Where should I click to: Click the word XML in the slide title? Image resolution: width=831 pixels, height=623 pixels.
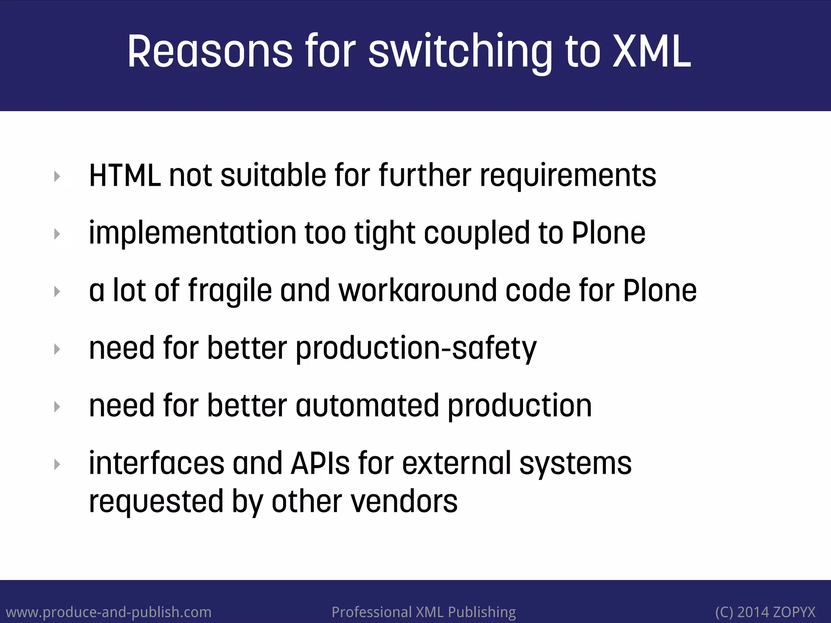[651, 52]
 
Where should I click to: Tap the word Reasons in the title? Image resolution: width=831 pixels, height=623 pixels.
[209, 52]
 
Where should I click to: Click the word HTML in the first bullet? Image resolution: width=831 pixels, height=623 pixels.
[125, 175]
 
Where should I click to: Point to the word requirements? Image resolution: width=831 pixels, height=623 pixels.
[568, 175]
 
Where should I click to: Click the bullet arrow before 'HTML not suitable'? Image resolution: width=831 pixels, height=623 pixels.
[57, 176]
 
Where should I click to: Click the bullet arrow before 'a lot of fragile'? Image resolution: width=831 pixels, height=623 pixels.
[57, 292]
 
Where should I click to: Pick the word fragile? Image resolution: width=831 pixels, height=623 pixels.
[230, 290]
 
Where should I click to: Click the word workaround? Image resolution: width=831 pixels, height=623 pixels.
[418, 290]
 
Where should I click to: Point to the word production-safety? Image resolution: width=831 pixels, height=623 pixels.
[416, 348]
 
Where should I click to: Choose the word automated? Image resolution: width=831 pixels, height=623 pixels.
[367, 406]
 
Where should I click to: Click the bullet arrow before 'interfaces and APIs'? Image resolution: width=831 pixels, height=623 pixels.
[57, 464]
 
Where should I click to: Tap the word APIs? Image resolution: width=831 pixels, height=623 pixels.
[320, 463]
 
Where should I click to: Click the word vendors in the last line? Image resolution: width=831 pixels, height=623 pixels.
[404, 502]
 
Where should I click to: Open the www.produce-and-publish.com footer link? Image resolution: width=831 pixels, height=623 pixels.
[109, 612]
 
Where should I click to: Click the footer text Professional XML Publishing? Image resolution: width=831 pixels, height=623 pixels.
[424, 612]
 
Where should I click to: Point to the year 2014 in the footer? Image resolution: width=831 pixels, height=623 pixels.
[753, 612]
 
